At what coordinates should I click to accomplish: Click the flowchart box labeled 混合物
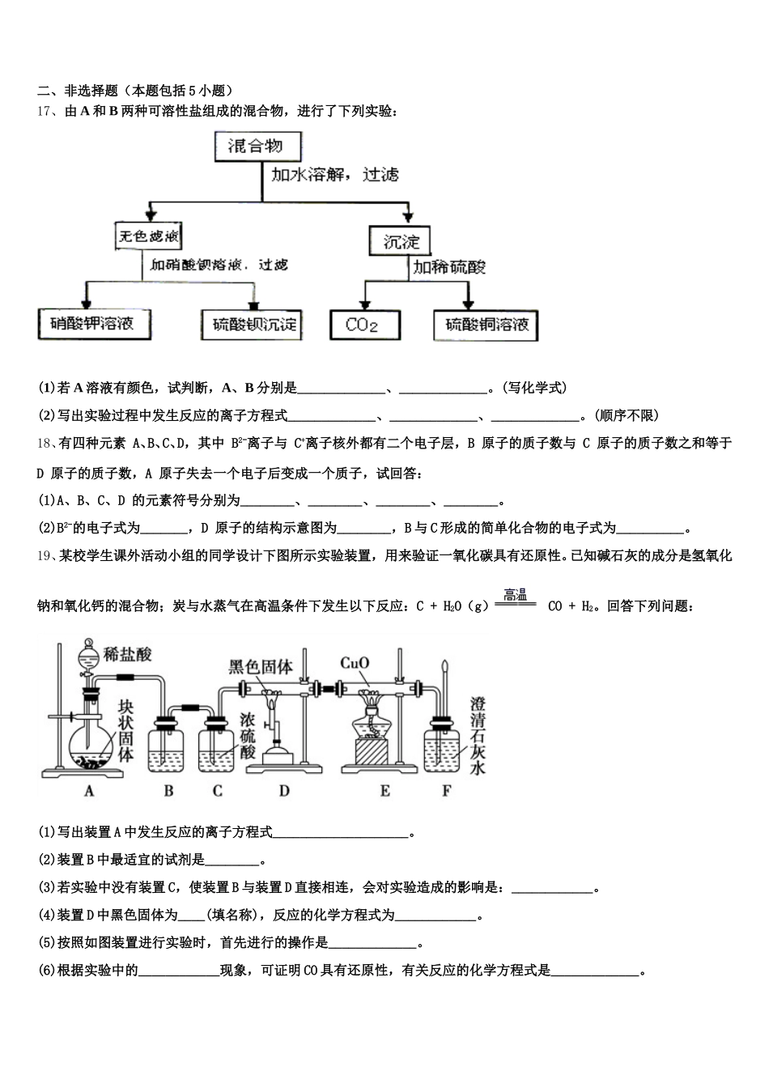coord(257,147)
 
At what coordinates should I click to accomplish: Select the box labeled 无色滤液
coord(148,238)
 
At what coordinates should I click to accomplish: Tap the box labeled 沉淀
coord(401,241)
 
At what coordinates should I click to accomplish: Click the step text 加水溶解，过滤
coord(335,175)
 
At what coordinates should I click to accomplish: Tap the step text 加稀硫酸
coord(449,267)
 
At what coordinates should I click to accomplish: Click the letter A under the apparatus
coord(89,791)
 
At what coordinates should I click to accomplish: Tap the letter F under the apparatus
coord(446,791)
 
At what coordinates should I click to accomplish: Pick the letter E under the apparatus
coord(385,791)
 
